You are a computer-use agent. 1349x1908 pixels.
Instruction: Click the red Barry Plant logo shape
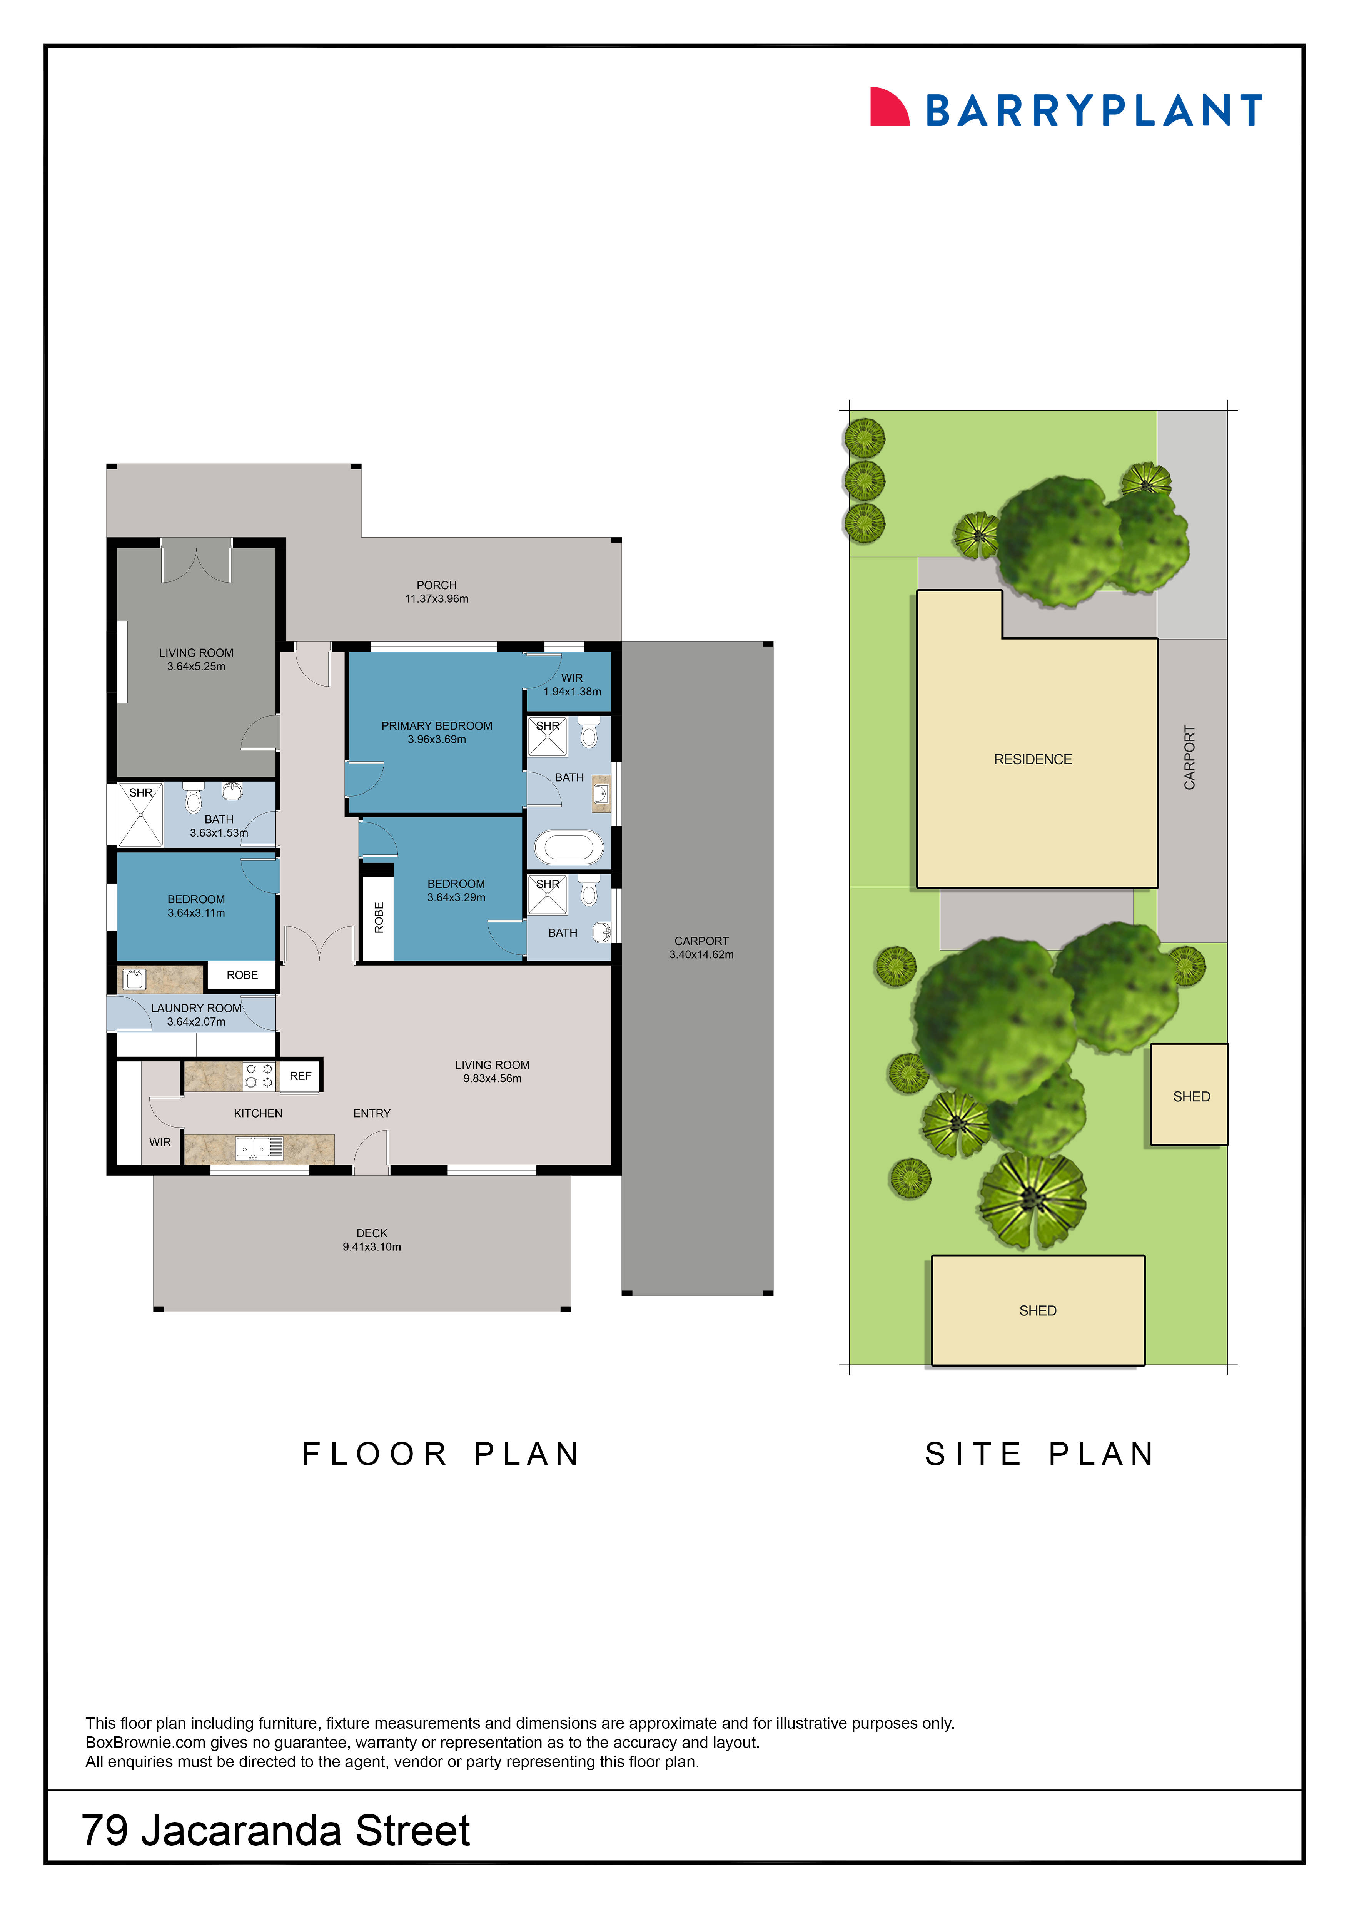coord(887,108)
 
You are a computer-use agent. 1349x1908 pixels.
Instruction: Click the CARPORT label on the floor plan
coord(701,941)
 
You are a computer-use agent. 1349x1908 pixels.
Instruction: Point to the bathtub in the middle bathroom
coord(568,848)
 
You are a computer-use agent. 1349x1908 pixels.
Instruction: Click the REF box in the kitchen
coord(300,1075)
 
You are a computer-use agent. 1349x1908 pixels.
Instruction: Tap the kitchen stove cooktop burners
coord(258,1075)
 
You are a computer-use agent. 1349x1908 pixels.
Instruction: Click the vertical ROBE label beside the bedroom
coord(379,917)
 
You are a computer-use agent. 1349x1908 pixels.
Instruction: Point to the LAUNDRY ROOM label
coord(196,1008)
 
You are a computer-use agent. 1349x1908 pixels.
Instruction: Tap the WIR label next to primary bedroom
coord(571,678)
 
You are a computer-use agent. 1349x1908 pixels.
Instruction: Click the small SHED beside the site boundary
coord(1190,1096)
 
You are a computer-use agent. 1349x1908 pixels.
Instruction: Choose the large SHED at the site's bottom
coord(1037,1310)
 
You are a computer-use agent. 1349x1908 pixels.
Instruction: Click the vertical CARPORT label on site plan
coord(1189,757)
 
